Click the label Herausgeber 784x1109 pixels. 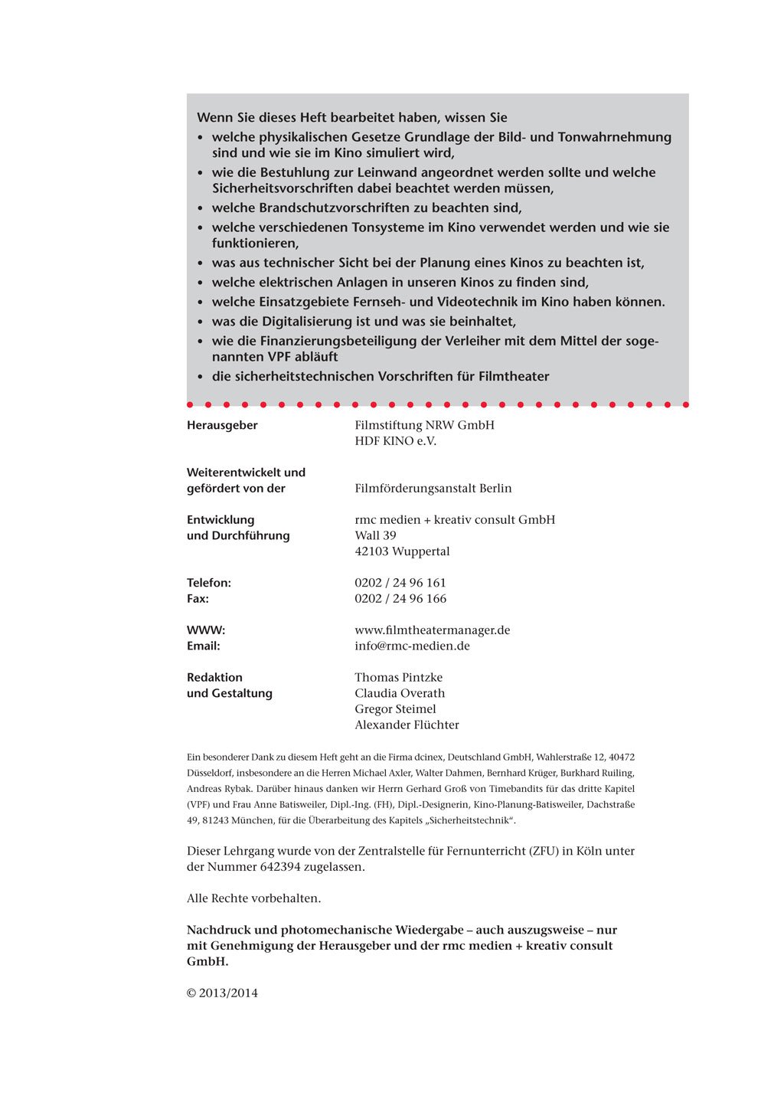click(222, 425)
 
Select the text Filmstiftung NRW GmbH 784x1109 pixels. click(424, 425)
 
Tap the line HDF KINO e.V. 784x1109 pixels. click(395, 441)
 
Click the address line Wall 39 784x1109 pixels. click(375, 535)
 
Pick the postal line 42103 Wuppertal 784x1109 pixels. click(402, 551)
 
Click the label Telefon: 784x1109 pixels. click(209, 583)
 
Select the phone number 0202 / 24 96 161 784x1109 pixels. click(400, 583)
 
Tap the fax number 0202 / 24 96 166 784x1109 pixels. click(400, 599)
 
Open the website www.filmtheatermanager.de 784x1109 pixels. click(432, 630)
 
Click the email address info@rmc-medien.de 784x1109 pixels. click(412, 646)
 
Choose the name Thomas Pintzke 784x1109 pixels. click(398, 678)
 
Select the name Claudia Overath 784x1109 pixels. click(399, 694)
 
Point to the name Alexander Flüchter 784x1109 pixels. click(407, 725)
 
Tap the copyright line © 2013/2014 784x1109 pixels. click(222, 993)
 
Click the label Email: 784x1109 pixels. click(203, 646)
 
